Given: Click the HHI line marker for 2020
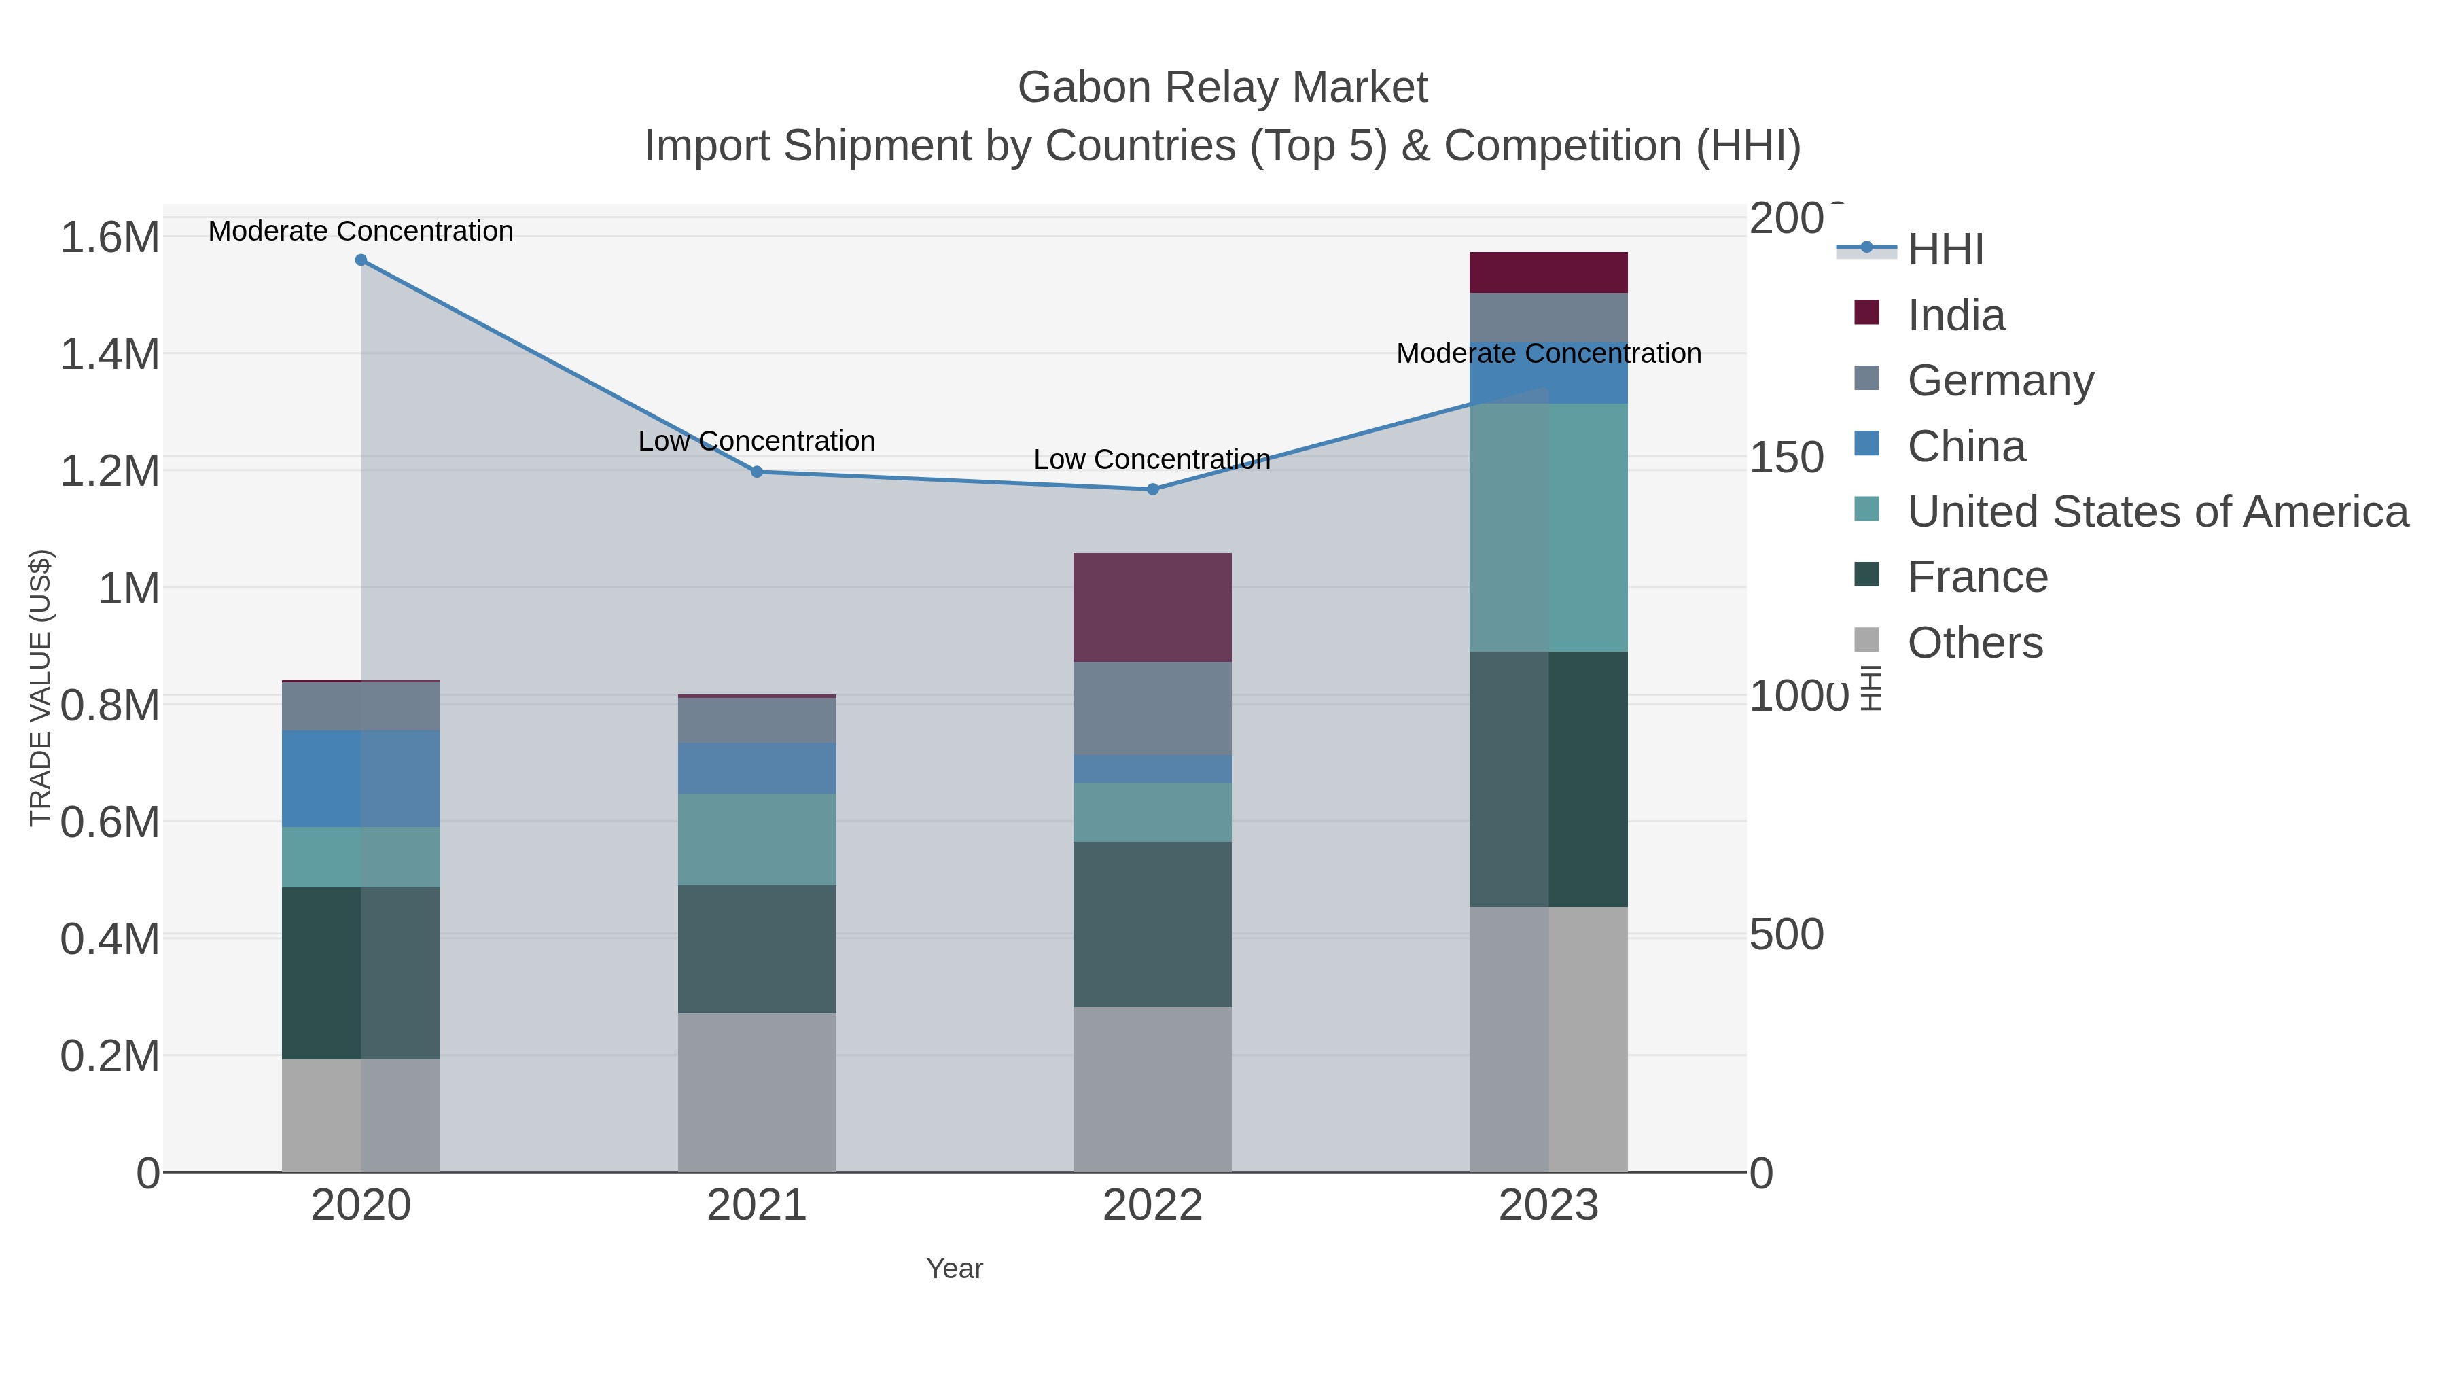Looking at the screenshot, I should [x=361, y=260].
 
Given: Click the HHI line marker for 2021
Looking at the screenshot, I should [x=757, y=472].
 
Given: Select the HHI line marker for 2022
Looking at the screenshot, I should [x=1153, y=490].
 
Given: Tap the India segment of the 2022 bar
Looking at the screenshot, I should [x=1153, y=607].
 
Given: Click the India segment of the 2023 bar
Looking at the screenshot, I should [x=1548, y=272].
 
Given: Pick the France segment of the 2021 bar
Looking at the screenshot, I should [x=757, y=950].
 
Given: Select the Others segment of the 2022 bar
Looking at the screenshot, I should [x=1153, y=1089].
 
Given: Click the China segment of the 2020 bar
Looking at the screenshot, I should [x=361, y=779].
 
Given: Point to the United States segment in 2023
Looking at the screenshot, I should [x=1548, y=528].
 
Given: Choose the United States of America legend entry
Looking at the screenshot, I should [x=2157, y=512].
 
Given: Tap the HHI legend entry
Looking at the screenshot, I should [x=1945, y=250].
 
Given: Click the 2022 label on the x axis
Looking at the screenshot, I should [x=1153, y=1206].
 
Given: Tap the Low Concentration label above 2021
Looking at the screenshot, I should [x=757, y=442].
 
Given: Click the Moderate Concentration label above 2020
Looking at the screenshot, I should [x=361, y=232].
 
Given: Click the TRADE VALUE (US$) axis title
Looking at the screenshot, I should [x=40, y=688].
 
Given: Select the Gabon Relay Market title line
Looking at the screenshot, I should [x=1222, y=88].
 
